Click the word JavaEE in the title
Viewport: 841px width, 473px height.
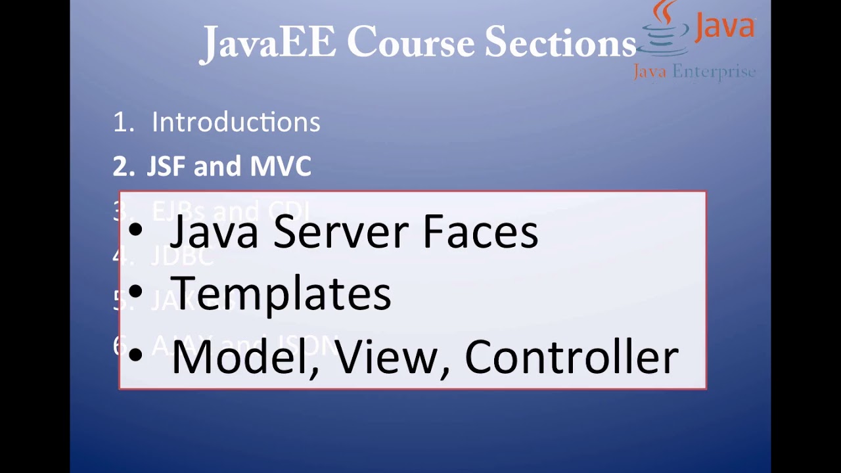(x=268, y=43)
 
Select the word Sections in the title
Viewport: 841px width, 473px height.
(x=560, y=43)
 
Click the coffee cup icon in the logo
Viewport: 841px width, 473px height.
(x=664, y=30)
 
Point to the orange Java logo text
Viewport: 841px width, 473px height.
(x=725, y=28)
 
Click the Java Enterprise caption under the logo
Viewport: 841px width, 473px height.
(x=694, y=72)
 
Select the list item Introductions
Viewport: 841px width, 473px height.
(x=236, y=122)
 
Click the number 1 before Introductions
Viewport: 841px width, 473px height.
(x=120, y=123)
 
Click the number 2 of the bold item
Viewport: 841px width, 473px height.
(x=121, y=167)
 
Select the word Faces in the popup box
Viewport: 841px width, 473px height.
(x=480, y=232)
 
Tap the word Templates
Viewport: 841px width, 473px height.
(x=281, y=294)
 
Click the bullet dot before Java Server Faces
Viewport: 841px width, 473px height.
(x=135, y=231)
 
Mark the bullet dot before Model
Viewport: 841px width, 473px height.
(x=135, y=355)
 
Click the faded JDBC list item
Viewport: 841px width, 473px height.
(x=182, y=256)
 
